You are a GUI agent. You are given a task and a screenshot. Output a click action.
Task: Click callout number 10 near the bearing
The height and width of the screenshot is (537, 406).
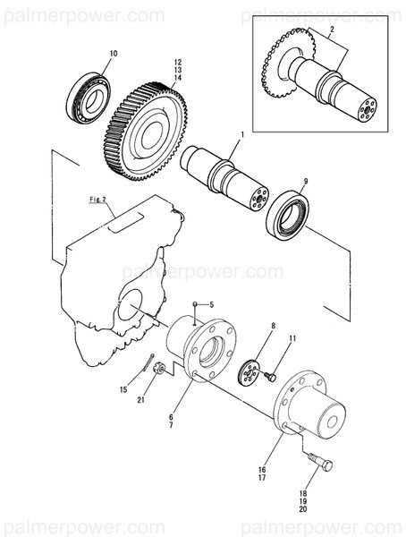point(113,55)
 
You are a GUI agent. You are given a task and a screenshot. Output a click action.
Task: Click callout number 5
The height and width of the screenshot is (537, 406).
point(212,305)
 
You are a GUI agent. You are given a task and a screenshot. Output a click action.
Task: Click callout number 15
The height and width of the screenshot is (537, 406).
point(124,389)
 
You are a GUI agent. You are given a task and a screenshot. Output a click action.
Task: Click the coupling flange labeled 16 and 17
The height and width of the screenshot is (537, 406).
point(309,412)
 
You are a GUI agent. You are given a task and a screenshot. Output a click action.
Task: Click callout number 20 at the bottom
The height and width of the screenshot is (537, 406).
point(303,508)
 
